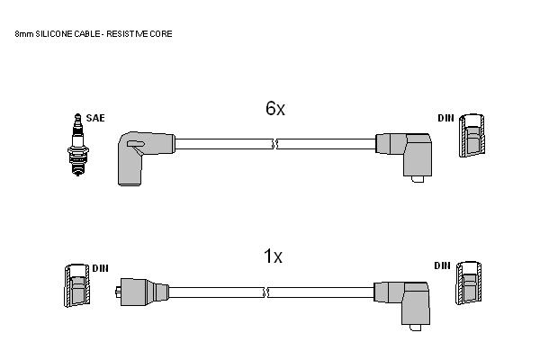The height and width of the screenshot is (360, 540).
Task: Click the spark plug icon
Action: (x=78, y=145)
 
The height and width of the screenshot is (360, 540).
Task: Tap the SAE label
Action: (x=95, y=118)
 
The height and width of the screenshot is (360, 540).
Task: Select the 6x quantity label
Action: (x=275, y=108)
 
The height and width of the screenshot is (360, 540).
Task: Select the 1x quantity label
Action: (x=273, y=256)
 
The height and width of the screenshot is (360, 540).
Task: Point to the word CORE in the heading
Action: (x=161, y=34)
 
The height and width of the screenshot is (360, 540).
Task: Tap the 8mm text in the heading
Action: (x=23, y=34)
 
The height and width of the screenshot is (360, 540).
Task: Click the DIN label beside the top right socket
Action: (x=446, y=118)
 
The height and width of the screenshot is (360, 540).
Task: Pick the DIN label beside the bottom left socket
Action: (x=100, y=268)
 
